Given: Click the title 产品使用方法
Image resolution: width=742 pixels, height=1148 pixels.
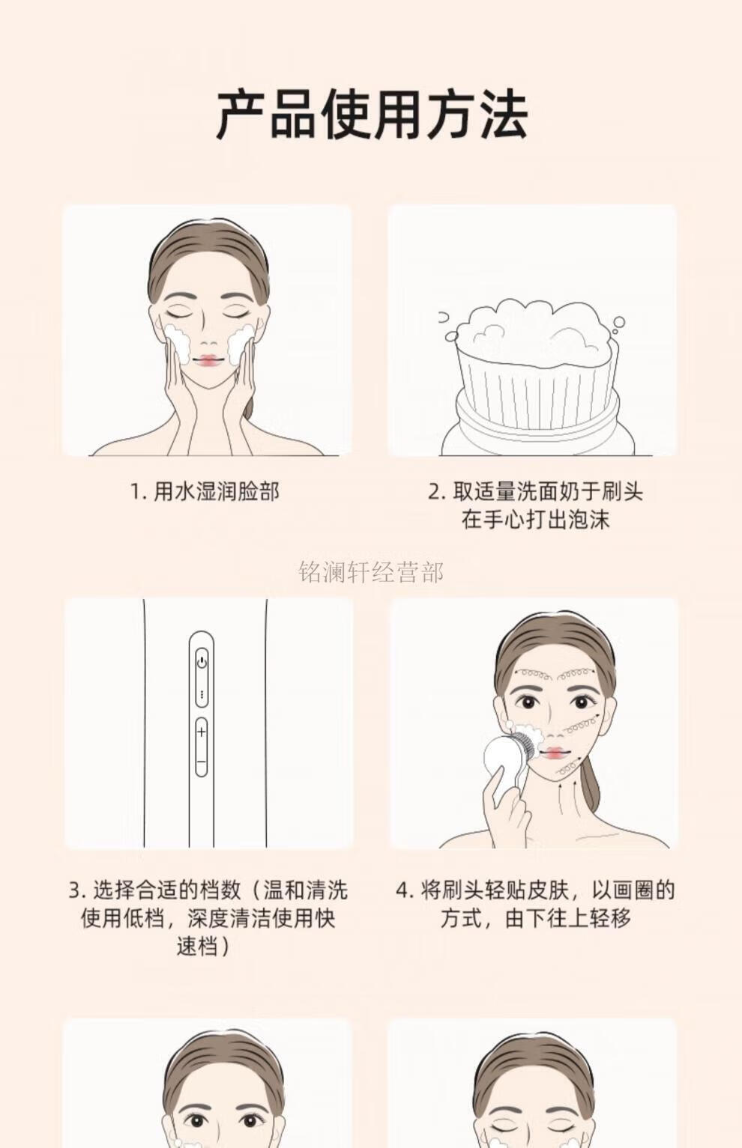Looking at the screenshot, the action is [x=371, y=115].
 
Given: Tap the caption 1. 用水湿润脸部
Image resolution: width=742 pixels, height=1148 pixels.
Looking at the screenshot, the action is [x=205, y=492].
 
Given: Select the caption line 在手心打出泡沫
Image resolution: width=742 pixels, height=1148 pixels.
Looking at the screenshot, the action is [x=535, y=520].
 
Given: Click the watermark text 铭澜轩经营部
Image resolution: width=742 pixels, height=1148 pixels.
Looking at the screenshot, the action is [x=371, y=572].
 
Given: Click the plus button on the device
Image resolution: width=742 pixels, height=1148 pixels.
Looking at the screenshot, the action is [x=202, y=732].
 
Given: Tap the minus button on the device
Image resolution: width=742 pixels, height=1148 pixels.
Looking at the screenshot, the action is [x=202, y=762].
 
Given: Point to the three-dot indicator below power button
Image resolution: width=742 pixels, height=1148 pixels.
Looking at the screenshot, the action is [x=202, y=695].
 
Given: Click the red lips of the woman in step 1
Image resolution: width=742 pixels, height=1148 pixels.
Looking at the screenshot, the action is [x=208, y=360].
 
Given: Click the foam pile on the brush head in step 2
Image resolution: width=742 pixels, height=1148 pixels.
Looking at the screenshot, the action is [x=534, y=333].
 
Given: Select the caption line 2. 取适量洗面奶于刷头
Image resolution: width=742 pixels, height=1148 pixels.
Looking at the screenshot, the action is [x=535, y=492].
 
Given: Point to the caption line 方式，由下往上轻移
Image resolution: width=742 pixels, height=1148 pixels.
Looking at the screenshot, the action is [x=535, y=917].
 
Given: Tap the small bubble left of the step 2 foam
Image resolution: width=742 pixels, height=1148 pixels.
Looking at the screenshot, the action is [x=451, y=335].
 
